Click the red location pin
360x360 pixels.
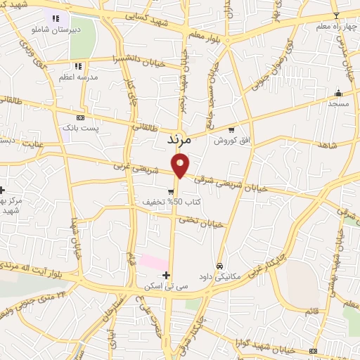(181, 165)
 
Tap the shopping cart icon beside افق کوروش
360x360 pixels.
(233, 129)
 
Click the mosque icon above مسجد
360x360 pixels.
(338, 92)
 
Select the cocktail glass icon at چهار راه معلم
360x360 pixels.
(335, 15)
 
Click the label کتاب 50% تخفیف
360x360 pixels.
(181, 202)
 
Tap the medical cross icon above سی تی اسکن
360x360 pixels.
(166, 275)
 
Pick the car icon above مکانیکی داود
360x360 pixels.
(220, 266)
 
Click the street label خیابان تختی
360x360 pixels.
(200, 221)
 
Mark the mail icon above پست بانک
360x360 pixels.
(80, 117)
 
